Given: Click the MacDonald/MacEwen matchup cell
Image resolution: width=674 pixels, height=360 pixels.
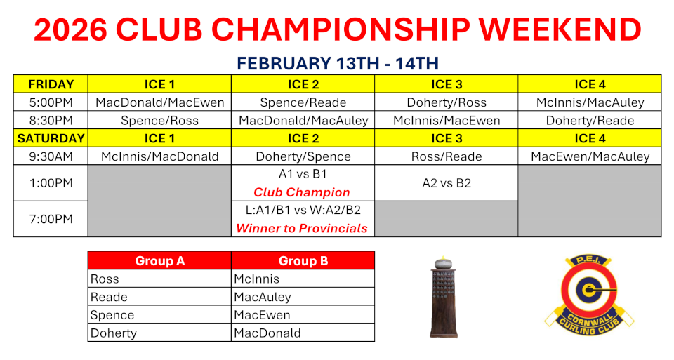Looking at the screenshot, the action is tap(160, 102).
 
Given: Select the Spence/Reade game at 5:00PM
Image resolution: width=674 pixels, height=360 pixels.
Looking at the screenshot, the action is tap(303, 102).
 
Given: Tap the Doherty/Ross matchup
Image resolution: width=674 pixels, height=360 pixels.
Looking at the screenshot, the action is tap(447, 102).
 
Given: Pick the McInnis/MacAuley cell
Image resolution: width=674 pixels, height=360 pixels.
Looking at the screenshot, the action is tap(590, 102).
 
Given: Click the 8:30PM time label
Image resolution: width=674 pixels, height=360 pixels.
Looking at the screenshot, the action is tap(51, 120).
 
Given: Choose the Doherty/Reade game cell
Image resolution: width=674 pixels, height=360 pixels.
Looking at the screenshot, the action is tap(590, 120).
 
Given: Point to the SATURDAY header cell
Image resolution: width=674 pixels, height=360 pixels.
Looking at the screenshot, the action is tap(51, 138).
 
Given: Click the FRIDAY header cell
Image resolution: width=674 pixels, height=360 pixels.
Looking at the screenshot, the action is tap(51, 84).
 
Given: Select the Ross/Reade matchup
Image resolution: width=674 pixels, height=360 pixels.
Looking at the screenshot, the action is tap(447, 156).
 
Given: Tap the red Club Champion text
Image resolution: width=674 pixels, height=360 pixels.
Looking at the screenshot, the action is tap(302, 192).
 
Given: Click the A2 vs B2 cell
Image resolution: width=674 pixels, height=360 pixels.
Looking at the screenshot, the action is tap(447, 183).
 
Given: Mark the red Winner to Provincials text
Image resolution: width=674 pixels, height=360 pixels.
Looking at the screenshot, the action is tap(302, 228).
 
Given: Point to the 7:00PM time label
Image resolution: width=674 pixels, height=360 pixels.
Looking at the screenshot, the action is tap(51, 219).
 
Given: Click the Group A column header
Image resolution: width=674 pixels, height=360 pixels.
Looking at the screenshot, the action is tap(160, 261).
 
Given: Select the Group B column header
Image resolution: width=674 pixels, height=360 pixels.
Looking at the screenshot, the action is tap(303, 261).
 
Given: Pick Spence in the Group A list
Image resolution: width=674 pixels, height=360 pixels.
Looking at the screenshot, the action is tap(112, 315).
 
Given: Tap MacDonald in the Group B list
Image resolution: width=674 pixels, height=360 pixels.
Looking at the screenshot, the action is tap(267, 333).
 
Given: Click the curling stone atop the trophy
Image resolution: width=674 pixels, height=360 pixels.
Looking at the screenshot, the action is tap(443, 262).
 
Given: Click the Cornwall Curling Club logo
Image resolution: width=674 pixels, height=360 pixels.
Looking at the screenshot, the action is tap(589, 295).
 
